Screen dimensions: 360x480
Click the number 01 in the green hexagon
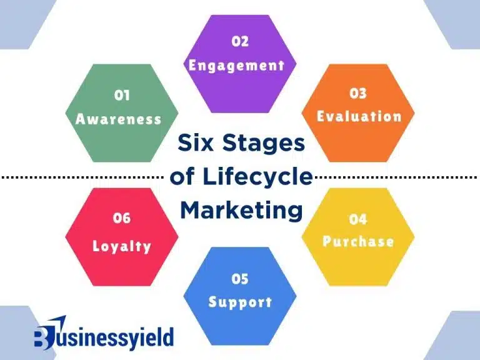(x=121, y=96)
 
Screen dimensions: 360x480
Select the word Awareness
(x=119, y=119)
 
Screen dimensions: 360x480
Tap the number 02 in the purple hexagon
(x=240, y=42)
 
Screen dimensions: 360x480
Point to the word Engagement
(x=237, y=65)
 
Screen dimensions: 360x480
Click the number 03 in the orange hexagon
(x=358, y=94)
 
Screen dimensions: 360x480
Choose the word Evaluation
(x=359, y=116)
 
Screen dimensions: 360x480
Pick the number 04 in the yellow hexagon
(x=358, y=219)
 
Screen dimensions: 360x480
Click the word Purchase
(x=358, y=241)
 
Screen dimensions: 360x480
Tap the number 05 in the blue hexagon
(x=240, y=279)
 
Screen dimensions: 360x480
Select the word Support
(x=240, y=302)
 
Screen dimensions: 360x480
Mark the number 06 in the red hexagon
(x=122, y=218)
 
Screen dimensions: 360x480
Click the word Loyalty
(x=122, y=246)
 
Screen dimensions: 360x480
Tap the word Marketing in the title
(x=241, y=210)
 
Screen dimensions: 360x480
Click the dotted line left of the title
(x=81, y=177)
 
